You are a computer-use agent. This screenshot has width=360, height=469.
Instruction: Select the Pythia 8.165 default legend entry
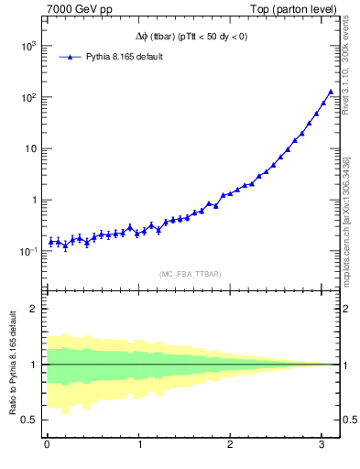pos(125,57)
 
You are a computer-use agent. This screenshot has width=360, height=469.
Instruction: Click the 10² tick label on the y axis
pos(27,97)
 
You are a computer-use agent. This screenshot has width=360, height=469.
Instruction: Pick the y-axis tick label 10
pos(29,148)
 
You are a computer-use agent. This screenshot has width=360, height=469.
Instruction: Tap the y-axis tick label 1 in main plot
pos(33,200)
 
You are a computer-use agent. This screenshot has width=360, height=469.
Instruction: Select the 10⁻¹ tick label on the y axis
pos(27,251)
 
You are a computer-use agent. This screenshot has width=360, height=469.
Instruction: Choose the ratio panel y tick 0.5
pos(29,420)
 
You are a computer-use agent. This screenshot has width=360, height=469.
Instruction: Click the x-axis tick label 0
pos(47,445)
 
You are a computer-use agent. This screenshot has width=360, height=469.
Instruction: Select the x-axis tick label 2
pos(230,445)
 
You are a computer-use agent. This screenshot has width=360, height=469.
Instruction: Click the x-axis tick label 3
pos(322,445)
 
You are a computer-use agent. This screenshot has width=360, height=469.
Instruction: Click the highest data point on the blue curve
pos(331,92)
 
